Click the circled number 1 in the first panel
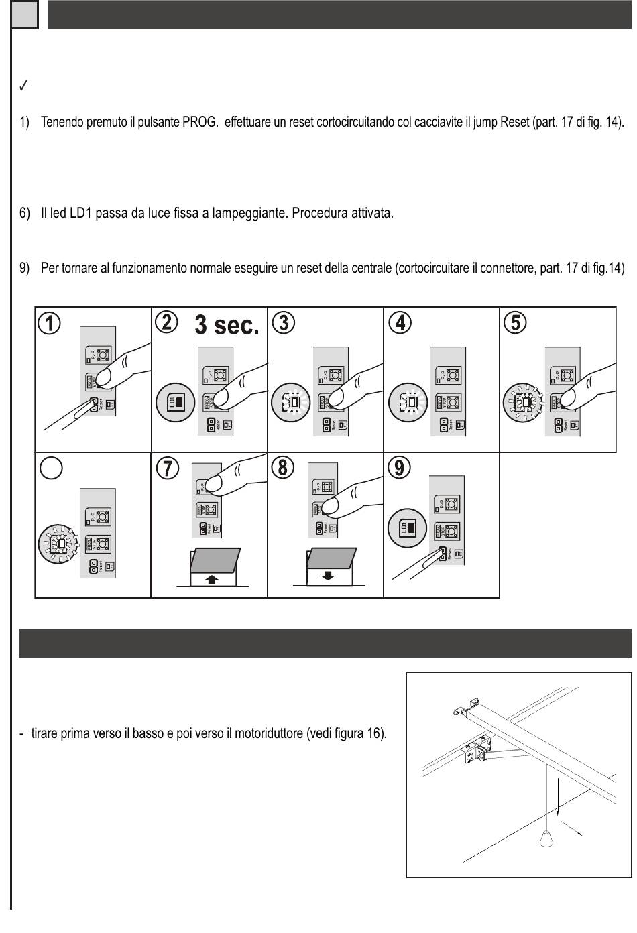click(x=50, y=324)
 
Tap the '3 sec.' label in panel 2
click(x=227, y=325)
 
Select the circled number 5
click(x=515, y=322)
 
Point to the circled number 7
click(x=167, y=468)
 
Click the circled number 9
click(x=400, y=467)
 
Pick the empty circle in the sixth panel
click(x=52, y=468)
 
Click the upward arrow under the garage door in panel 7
click(x=212, y=578)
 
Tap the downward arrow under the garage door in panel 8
click(x=329, y=576)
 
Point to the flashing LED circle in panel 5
click(x=523, y=402)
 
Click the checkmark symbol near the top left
click(x=23, y=86)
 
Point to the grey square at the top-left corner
click(x=25, y=15)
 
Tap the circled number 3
click(x=284, y=322)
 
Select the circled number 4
click(x=400, y=322)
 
